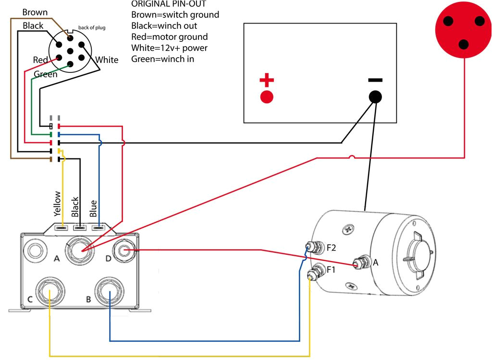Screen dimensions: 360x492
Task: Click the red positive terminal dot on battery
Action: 267,97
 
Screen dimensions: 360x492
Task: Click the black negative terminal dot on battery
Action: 376,97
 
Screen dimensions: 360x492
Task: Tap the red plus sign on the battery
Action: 267,80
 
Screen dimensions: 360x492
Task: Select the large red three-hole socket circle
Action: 463,29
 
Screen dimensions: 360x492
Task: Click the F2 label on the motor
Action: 332,248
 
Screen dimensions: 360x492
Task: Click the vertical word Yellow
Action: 58,204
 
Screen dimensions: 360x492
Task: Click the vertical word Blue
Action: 94,209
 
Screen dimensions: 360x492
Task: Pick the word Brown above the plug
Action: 35,12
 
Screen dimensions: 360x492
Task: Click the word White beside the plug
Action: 107,60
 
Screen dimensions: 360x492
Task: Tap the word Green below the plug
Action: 46,74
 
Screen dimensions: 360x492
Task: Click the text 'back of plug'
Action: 92,28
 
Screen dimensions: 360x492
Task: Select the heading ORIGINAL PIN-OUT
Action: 161,4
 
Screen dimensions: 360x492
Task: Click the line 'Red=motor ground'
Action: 169,37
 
